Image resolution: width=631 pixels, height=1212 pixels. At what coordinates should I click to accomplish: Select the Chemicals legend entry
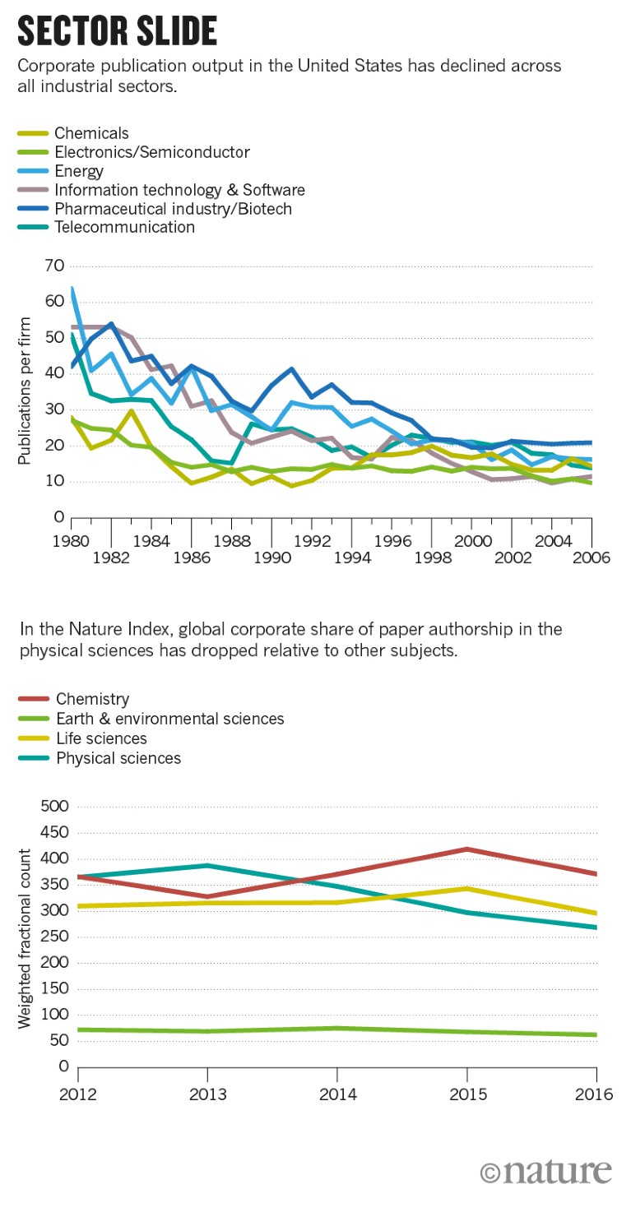pyautogui.click(x=91, y=133)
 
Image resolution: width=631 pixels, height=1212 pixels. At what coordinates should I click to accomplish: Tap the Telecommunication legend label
pyautogui.click(x=124, y=228)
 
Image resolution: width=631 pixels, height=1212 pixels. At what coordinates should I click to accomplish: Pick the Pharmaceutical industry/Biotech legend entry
pyautogui.click(x=173, y=209)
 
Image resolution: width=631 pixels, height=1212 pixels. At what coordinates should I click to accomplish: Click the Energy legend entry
pyautogui.click(x=79, y=171)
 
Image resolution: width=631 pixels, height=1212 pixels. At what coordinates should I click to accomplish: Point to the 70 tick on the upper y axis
pyautogui.click(x=55, y=266)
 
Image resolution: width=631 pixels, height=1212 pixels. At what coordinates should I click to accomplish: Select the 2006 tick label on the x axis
pyautogui.click(x=592, y=557)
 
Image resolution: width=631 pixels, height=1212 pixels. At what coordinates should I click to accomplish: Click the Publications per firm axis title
pyautogui.click(x=26, y=391)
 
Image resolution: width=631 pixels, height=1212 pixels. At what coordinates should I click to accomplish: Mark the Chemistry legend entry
pyautogui.click(x=92, y=700)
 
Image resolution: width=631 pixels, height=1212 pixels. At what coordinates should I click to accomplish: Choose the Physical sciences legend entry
pyautogui.click(x=118, y=758)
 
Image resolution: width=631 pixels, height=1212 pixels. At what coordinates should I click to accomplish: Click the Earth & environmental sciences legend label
pyautogui.click(x=169, y=719)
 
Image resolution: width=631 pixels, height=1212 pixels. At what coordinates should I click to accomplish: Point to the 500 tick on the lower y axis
pyautogui.click(x=52, y=807)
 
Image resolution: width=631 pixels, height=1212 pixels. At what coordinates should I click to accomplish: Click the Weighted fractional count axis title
pyautogui.click(x=26, y=937)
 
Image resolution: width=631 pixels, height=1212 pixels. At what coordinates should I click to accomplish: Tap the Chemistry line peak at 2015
pyautogui.click(x=466, y=849)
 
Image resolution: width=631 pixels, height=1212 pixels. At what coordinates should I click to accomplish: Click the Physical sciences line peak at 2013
pyautogui.click(x=207, y=865)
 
